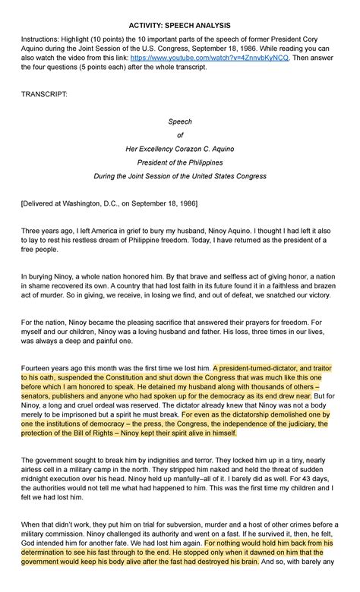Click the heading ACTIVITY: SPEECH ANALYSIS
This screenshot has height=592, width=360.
(x=180, y=25)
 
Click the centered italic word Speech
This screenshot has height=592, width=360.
(x=180, y=121)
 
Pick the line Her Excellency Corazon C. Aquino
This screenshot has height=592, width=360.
(x=180, y=149)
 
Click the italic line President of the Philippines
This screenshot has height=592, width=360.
(x=180, y=162)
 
